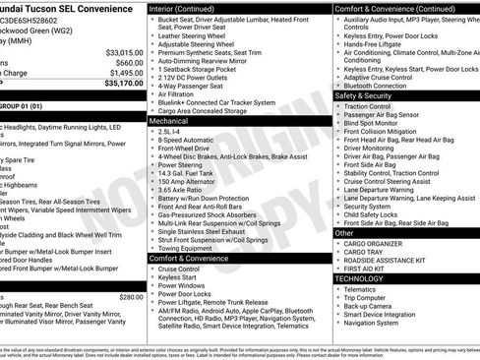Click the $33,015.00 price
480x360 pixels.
click(x=123, y=51)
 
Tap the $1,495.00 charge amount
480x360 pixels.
click(x=125, y=73)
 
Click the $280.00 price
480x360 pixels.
click(x=130, y=297)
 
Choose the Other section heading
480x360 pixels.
click(x=342, y=233)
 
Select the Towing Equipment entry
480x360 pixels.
click(x=191, y=248)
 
